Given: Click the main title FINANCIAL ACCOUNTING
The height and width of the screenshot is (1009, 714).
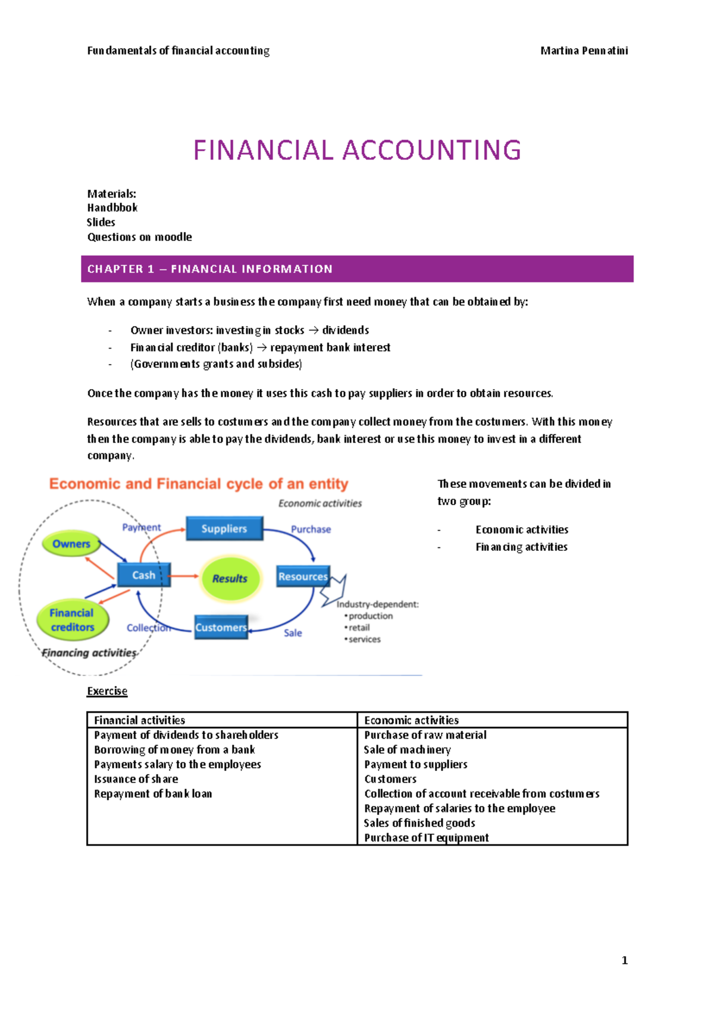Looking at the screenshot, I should click(357, 150).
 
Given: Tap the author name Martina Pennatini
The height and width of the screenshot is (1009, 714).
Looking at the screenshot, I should click(584, 51).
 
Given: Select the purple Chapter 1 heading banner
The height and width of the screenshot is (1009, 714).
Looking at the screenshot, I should click(357, 269).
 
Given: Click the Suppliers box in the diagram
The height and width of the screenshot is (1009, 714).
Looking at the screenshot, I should click(224, 528).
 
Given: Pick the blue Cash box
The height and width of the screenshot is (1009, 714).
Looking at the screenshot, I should click(143, 575).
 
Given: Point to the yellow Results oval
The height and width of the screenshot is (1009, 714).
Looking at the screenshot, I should click(230, 578).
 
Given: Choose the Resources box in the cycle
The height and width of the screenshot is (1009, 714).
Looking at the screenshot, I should click(303, 576).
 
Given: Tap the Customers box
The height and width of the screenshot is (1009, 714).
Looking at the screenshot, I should click(221, 627).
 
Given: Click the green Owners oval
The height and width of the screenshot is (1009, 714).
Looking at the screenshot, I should click(71, 544).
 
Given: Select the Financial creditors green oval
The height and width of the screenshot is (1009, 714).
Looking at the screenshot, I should click(72, 620).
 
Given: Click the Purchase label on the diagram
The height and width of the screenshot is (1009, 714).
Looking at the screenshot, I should click(311, 529).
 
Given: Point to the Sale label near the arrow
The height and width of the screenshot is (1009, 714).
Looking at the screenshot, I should click(293, 632).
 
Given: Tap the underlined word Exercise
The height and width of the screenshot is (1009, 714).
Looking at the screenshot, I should click(107, 691).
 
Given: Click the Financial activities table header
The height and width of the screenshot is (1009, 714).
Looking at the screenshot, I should click(140, 720).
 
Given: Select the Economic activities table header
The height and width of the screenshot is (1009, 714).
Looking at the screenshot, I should click(411, 720).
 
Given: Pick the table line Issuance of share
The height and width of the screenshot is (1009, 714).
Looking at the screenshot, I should click(136, 779).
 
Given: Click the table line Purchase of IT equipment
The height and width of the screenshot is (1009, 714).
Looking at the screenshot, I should click(426, 838).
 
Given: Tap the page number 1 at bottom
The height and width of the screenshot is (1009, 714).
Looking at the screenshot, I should click(624, 960).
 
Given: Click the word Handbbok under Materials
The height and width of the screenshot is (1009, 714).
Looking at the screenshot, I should click(112, 208).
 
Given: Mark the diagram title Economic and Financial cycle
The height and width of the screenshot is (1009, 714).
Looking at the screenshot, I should click(199, 484).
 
